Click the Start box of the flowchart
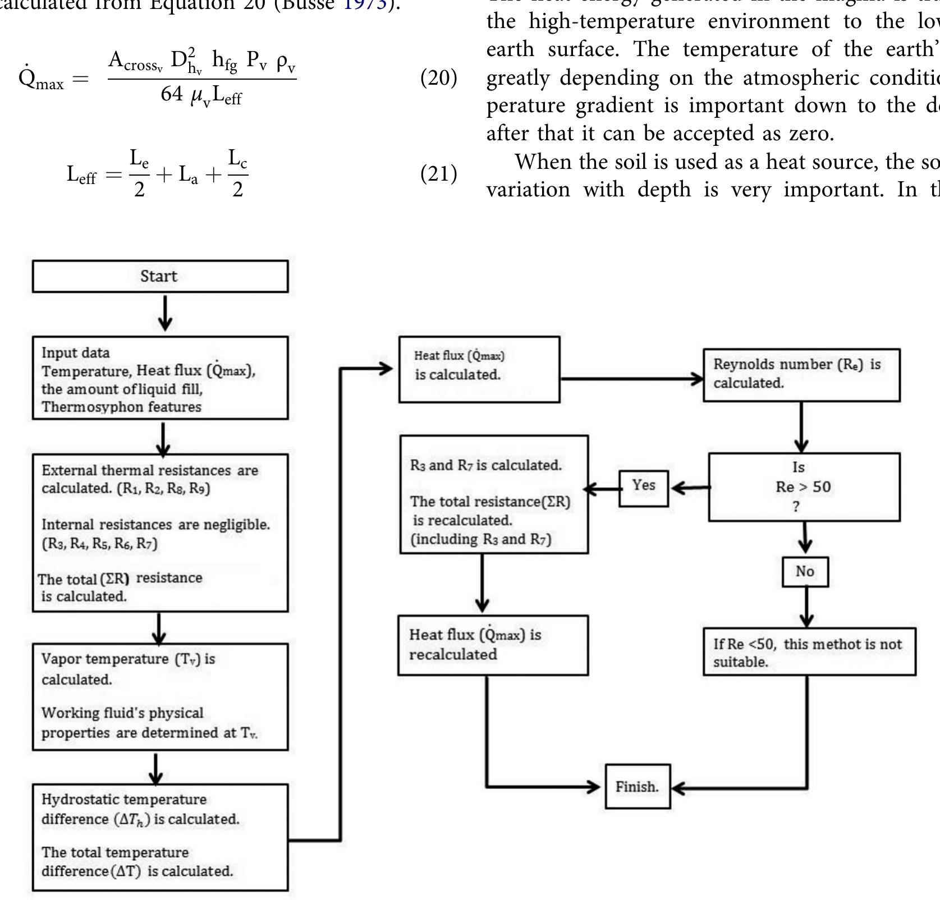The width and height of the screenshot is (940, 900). coord(160,276)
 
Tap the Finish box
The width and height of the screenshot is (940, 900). coord(638,787)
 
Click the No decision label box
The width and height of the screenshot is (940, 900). coord(805,572)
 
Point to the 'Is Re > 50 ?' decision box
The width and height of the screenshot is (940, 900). coord(804,487)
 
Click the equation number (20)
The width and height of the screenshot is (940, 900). coord(439,77)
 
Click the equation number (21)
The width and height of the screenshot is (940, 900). coord(439,174)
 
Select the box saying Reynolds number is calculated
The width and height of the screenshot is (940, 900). coord(801,374)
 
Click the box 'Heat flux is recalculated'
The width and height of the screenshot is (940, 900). coord(493,645)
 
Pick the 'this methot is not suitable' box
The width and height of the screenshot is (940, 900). coord(809,651)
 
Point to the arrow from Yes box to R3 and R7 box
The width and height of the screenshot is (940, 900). coord(603,488)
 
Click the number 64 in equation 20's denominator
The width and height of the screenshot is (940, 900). coord(171,94)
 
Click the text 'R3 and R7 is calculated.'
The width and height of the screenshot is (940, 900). coord(485,465)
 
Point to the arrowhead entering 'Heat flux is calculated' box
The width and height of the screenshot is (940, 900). coord(386,369)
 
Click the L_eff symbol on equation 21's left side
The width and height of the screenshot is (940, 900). coord(82,175)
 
